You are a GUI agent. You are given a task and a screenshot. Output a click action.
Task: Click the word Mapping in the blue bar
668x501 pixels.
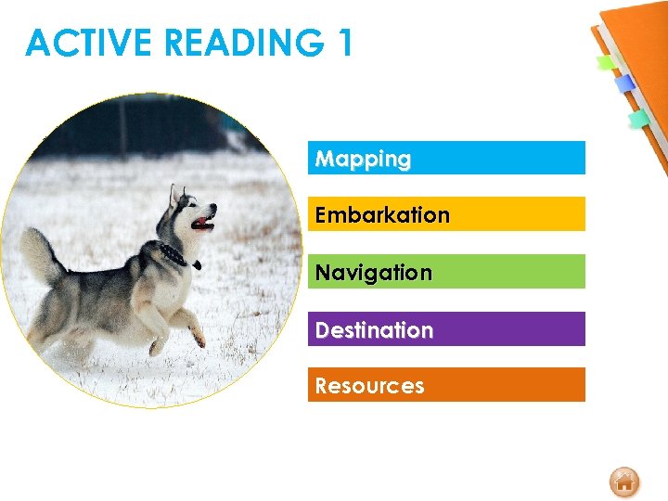363,159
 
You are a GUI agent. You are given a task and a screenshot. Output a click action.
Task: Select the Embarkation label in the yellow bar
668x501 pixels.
382,215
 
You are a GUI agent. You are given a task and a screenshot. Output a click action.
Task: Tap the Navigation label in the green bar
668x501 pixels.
373,273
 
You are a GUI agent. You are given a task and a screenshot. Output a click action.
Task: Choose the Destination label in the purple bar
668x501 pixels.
374,330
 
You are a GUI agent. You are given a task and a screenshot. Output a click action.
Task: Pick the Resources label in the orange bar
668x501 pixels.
369,386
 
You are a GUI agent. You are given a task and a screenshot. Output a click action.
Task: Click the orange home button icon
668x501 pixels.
624,482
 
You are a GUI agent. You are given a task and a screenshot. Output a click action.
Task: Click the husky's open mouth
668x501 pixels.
202,223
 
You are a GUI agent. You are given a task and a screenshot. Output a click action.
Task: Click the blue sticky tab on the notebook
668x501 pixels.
625,83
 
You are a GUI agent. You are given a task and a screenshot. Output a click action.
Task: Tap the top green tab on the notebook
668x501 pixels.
607,63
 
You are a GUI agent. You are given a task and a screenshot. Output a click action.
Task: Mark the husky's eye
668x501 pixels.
197,209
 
